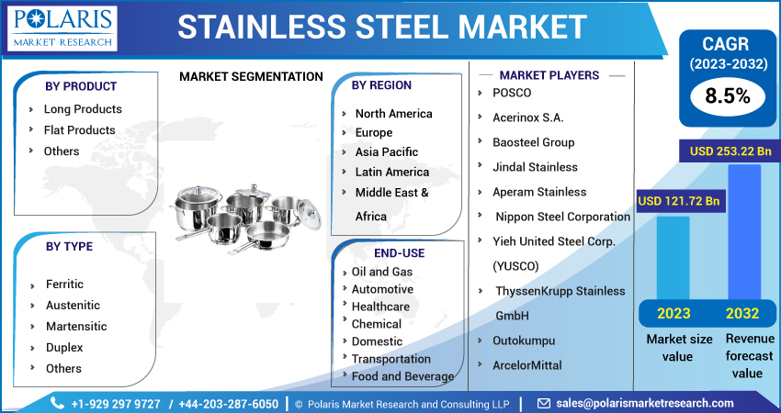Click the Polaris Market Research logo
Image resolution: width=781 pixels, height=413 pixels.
pos(62,28)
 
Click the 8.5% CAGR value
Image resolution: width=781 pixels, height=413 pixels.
pos(727,96)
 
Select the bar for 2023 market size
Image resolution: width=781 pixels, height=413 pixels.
pos(673,258)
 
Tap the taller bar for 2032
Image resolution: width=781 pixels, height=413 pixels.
pos(744,232)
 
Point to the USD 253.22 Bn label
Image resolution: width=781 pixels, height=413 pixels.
pos(730,151)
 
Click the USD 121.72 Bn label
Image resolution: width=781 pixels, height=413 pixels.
pos(678,201)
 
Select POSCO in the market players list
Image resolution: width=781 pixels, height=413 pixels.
pos(512,93)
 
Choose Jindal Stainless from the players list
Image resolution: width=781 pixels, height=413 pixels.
pos(535,167)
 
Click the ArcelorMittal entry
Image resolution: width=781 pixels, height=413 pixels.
pos(527,365)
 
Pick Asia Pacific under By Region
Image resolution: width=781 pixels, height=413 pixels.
pos(387,152)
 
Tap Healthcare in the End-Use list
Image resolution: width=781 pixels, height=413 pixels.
pos(380,307)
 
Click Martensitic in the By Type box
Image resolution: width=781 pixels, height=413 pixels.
pos(76,327)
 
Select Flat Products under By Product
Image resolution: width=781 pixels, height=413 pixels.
pos(79,130)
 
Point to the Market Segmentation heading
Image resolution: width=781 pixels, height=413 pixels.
pos(251,76)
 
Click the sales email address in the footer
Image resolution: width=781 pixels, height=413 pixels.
pos(645,403)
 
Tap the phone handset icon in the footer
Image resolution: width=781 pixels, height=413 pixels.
pos(57,403)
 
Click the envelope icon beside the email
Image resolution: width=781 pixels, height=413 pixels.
pos(543,403)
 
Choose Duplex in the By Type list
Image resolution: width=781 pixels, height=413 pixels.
pos(64,347)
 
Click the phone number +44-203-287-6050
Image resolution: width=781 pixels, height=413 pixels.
pos(228,404)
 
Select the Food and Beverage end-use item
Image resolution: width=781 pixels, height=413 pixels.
pos(402,376)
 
